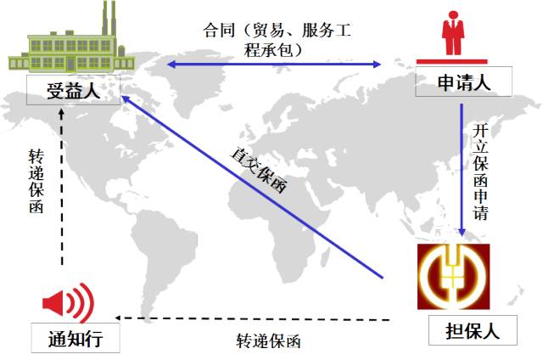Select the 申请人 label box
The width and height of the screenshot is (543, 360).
463,84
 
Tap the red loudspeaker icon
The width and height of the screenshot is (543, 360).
69,301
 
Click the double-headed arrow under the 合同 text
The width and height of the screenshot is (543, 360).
276,65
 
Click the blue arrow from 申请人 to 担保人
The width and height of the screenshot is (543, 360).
462,170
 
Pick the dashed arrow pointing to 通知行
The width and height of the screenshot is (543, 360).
255,319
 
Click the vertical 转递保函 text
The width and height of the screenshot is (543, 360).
35,183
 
